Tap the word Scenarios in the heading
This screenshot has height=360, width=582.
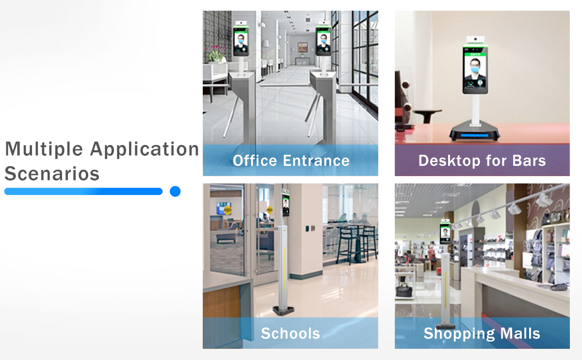pyautogui.click(x=52, y=174)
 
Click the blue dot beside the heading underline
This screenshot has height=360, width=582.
pyautogui.click(x=175, y=191)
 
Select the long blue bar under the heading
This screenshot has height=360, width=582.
pyautogui.click(x=83, y=191)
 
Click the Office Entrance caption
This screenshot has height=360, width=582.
pyautogui.click(x=291, y=161)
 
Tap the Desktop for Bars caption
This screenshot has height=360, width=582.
pyautogui.click(x=482, y=161)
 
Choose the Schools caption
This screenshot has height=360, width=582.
pyautogui.click(x=290, y=333)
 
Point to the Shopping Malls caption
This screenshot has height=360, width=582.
pyautogui.click(x=482, y=334)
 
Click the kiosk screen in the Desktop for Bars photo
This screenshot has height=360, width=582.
pyautogui.click(x=475, y=70)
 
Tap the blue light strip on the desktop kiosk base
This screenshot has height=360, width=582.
pyautogui.click(x=475, y=135)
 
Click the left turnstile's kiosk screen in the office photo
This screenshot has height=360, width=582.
pyautogui.click(x=241, y=41)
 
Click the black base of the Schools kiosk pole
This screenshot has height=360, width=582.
pyautogui.click(x=283, y=311)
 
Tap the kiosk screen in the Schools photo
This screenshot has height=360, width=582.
pyautogui.click(x=286, y=206)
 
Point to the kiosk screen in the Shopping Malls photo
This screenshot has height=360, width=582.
pyautogui.click(x=445, y=233)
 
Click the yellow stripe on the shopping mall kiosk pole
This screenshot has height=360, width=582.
pyautogui.click(x=446, y=291)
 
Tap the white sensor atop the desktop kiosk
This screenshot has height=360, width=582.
pyautogui.click(x=475, y=39)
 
